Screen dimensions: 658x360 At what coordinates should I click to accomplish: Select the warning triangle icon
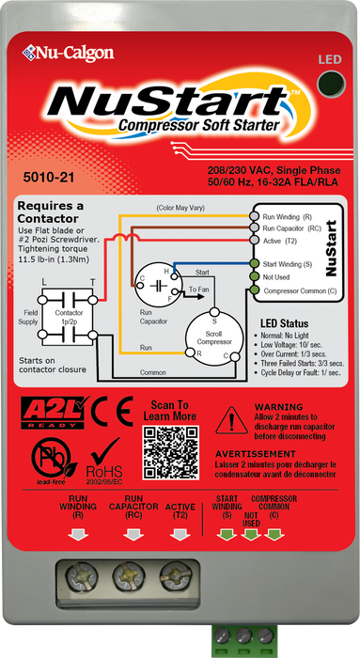coord(227,416)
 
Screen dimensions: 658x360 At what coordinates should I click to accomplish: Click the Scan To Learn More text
coord(170,409)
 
